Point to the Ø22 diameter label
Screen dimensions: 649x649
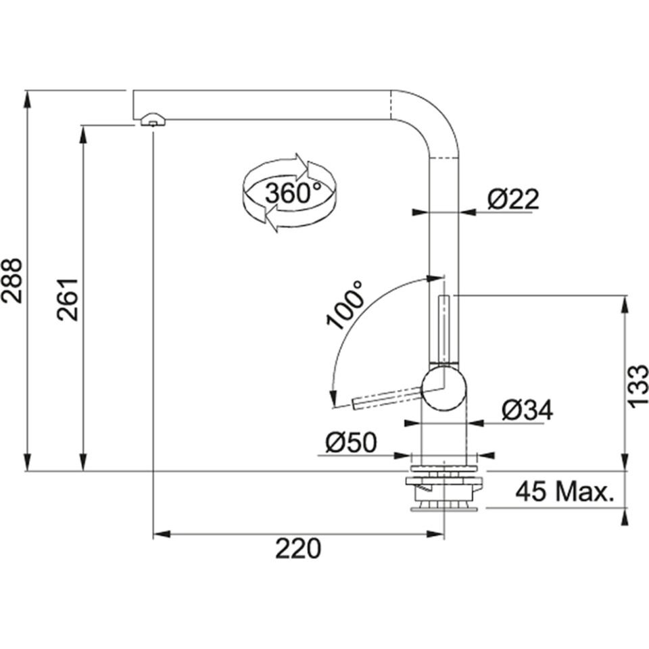(x=513, y=199)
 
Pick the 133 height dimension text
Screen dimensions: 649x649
(x=638, y=386)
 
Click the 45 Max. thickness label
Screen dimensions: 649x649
(x=564, y=492)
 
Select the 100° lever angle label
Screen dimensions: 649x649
(x=347, y=306)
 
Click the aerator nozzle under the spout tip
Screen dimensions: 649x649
(x=152, y=122)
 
